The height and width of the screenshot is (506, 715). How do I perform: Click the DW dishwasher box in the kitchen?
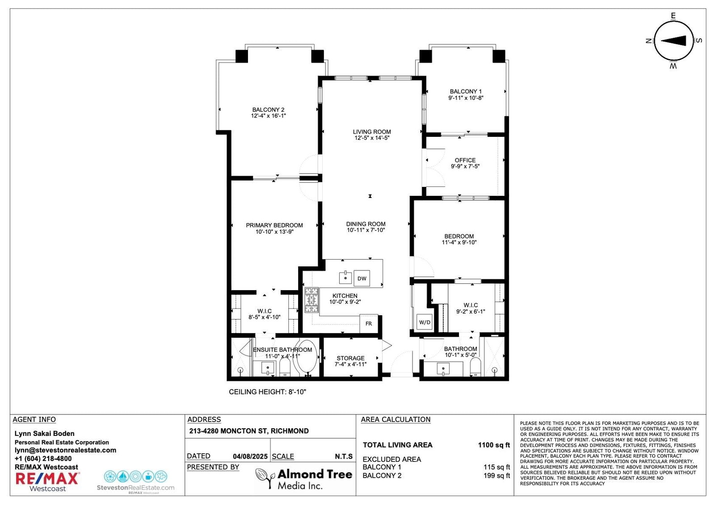click(x=362, y=278)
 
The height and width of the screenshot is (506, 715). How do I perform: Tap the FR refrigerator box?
click(x=369, y=324)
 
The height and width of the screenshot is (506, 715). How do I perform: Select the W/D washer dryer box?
click(x=425, y=322)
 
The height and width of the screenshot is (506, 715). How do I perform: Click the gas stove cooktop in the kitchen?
click(x=311, y=300)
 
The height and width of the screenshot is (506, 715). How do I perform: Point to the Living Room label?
click(x=372, y=132)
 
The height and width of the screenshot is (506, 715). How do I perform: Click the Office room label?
click(x=465, y=160)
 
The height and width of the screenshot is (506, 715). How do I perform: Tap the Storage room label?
click(x=350, y=358)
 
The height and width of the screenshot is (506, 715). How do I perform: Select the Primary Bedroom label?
click(x=274, y=225)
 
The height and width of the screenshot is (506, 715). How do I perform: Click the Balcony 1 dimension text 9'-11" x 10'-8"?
click(x=466, y=98)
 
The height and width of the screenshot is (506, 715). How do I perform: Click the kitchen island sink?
click(x=345, y=278)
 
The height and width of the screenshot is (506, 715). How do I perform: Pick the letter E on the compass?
click(x=673, y=16)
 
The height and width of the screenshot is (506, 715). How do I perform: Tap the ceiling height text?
click(x=268, y=392)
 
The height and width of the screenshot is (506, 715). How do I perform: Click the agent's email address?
click(x=65, y=450)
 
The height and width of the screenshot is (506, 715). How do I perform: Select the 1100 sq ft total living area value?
click(x=494, y=445)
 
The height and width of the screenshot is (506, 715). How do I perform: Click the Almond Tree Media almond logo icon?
click(x=265, y=478)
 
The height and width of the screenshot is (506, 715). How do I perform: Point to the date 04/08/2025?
click(x=250, y=456)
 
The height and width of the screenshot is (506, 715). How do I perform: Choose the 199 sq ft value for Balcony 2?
click(x=496, y=476)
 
